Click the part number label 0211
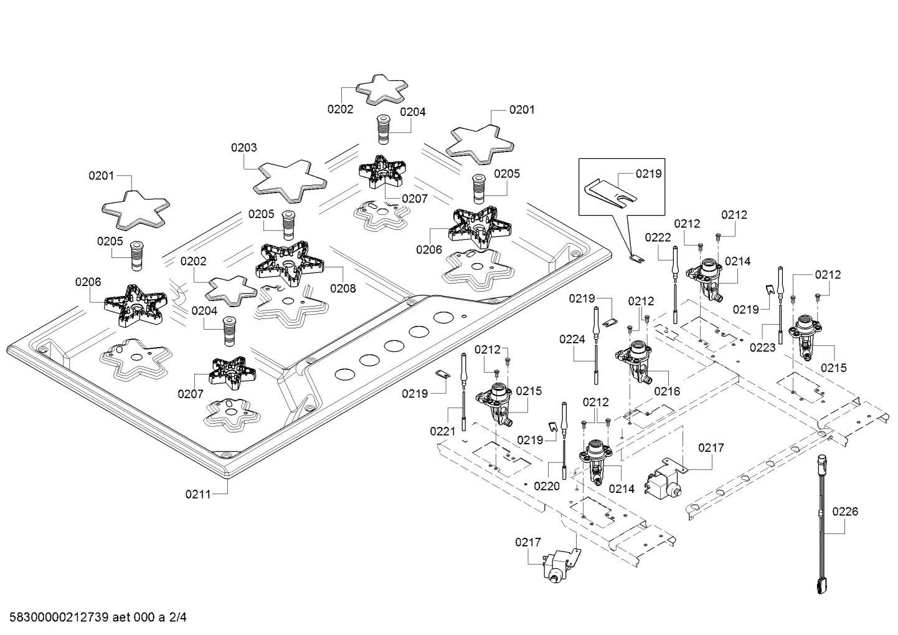point(198,494)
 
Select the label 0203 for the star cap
point(243,148)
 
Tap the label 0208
point(343,289)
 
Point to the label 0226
point(845,512)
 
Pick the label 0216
point(667,391)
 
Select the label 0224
point(572,340)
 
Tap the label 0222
point(658,237)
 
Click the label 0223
point(762,348)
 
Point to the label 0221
point(443,432)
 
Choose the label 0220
point(547,487)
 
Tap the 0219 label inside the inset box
point(649,174)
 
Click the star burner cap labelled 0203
point(290,181)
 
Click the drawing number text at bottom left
point(98,618)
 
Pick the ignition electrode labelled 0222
point(675,285)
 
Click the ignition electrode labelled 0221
point(464,392)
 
